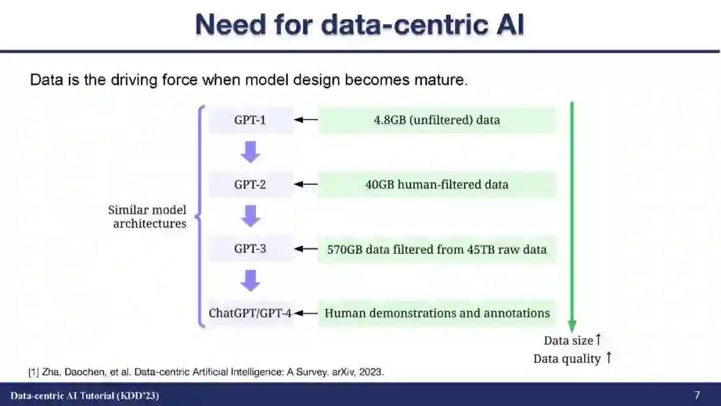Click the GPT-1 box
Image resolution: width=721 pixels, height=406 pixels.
250,120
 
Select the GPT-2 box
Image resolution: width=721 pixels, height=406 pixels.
250,184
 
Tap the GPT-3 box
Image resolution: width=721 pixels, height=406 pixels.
250,249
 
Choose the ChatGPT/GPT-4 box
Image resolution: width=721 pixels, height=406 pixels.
250,313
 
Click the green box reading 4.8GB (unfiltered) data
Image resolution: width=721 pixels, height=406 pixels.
437,120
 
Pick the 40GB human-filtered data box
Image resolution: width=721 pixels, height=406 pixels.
437,184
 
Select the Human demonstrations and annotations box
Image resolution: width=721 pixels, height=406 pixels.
437,313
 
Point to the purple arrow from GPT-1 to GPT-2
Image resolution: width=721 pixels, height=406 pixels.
250,152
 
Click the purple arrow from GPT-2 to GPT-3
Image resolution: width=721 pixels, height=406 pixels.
250,216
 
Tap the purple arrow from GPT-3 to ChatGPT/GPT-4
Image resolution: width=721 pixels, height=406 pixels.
250,280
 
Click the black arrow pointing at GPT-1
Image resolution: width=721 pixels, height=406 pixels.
306,120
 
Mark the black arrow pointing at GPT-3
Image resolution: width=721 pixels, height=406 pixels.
306,249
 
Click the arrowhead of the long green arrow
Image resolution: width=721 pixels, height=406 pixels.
572,326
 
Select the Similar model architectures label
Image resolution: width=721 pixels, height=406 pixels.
148,217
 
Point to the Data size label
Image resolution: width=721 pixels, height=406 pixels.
568,341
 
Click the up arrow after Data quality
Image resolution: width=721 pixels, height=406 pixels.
608,358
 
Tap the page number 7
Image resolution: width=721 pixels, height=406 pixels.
697,395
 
